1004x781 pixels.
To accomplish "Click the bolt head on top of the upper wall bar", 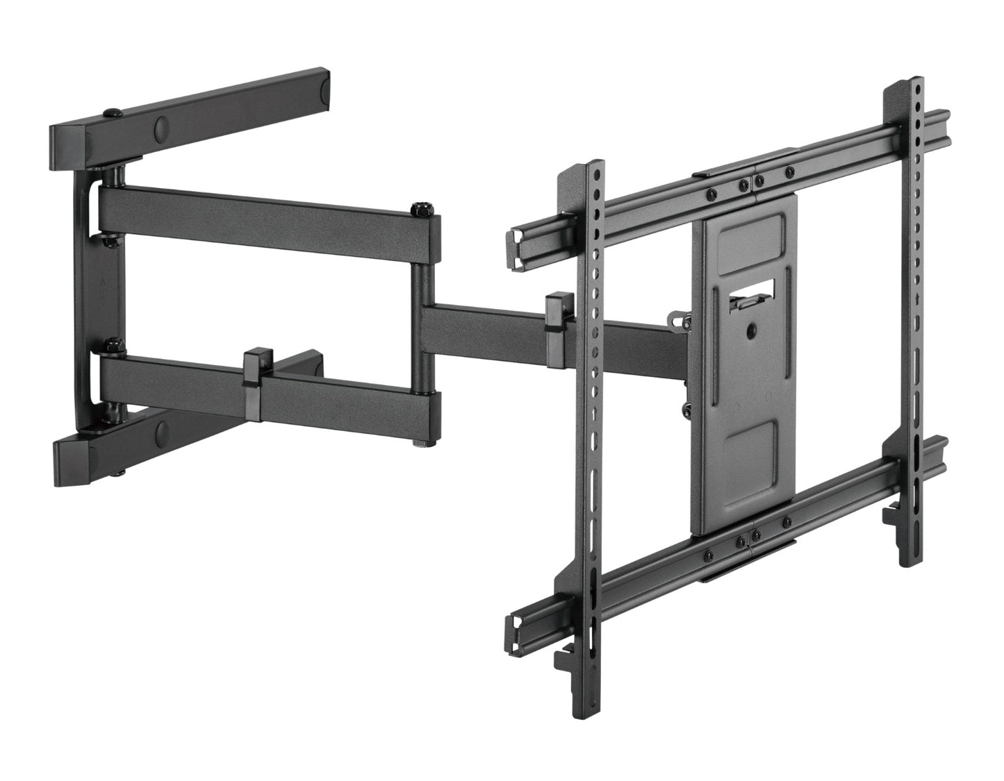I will pos(109,112).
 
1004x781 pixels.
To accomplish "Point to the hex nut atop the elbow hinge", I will pos(419,208).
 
